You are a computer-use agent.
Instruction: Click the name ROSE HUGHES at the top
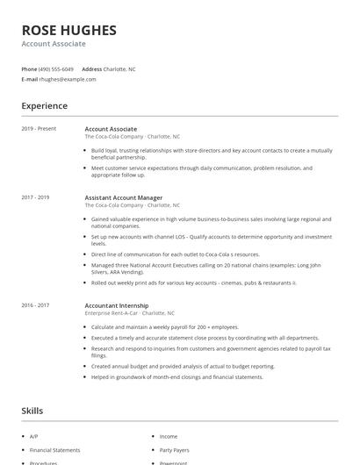click(x=68, y=30)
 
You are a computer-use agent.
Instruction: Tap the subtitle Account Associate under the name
click(x=54, y=44)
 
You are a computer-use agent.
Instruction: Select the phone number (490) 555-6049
click(x=57, y=68)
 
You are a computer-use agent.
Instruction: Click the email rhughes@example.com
click(x=68, y=79)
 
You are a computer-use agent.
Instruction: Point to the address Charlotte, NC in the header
click(x=119, y=68)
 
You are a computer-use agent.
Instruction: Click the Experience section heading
click(x=45, y=106)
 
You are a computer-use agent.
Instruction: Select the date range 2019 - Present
click(x=39, y=129)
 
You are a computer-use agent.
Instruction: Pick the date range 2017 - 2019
click(x=36, y=197)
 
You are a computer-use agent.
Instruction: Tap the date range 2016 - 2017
click(x=36, y=304)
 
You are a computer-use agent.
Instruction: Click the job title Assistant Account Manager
click(x=124, y=197)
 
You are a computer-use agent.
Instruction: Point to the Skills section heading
click(x=33, y=411)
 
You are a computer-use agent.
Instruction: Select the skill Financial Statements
click(x=54, y=449)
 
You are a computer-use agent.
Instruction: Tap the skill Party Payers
click(x=175, y=449)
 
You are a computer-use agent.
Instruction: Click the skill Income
click(x=169, y=436)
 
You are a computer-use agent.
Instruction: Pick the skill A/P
click(x=34, y=436)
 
